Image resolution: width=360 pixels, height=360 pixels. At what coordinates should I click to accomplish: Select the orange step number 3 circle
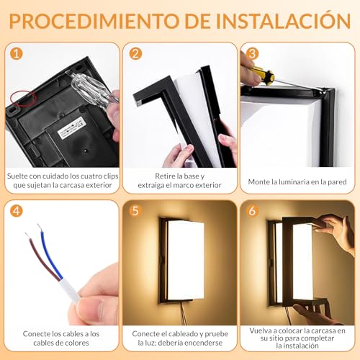[253, 54]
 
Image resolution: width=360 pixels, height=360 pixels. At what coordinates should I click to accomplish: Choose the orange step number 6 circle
[253, 212]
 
